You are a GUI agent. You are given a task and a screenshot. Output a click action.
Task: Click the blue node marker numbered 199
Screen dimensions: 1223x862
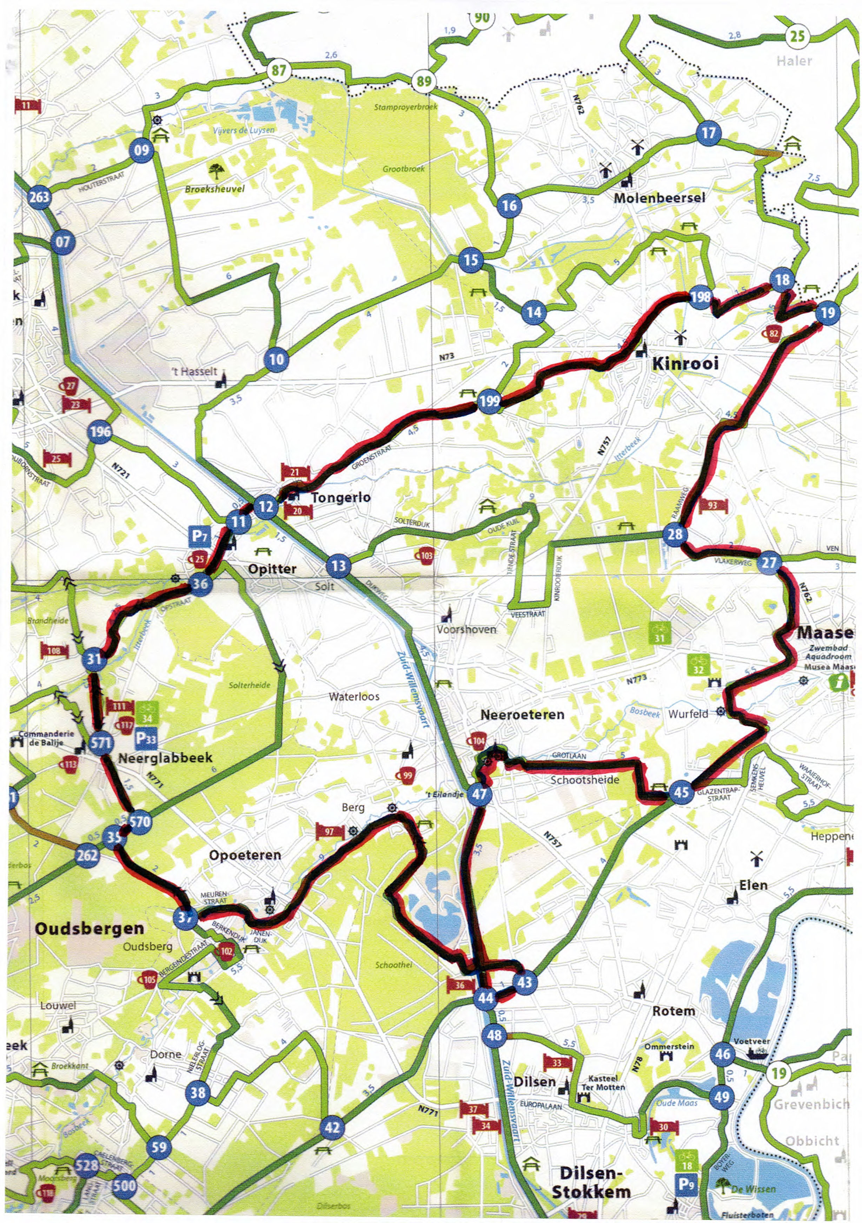pyautogui.click(x=489, y=401)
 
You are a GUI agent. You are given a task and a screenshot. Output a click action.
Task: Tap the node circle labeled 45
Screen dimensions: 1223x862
pyautogui.click(x=681, y=792)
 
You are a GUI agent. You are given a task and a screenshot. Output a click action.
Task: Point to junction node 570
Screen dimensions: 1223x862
pyautogui.click(x=139, y=822)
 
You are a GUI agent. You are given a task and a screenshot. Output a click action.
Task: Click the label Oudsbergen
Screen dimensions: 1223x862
pyautogui.click(x=89, y=928)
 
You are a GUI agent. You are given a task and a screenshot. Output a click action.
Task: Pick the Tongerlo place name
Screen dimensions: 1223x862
pyautogui.click(x=341, y=498)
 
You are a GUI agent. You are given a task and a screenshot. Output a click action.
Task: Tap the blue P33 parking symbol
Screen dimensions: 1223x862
pyautogui.click(x=146, y=738)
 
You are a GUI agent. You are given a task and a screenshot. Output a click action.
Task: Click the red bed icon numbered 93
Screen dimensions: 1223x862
pyautogui.click(x=712, y=505)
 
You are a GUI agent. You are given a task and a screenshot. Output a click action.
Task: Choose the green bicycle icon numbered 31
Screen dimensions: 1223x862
pyautogui.click(x=659, y=632)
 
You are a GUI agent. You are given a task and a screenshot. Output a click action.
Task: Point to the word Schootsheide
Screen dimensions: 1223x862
pyautogui.click(x=585, y=780)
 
